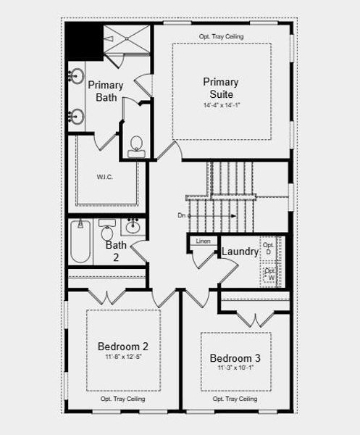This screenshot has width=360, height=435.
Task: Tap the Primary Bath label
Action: [106, 91]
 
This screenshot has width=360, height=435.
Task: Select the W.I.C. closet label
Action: [106, 176]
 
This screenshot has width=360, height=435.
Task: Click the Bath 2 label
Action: [116, 250]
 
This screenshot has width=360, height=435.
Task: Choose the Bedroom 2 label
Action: [123, 346]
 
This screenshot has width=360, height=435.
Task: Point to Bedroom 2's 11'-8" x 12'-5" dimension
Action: [123, 357]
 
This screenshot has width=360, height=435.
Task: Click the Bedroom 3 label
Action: [235, 358]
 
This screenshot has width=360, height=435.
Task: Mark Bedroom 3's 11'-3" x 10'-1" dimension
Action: [235, 368]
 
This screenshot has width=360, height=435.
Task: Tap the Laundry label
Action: [240, 252]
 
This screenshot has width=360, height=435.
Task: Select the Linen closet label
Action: [204, 241]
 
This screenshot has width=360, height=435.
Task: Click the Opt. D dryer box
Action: [269, 249]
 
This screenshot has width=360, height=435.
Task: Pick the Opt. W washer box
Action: [269, 275]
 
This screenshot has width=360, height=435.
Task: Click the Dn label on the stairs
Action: [181, 215]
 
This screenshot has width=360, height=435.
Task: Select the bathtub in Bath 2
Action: [80, 242]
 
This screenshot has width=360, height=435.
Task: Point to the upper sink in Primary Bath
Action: [76, 76]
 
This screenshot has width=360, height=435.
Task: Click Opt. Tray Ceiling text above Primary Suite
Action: [221, 36]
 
